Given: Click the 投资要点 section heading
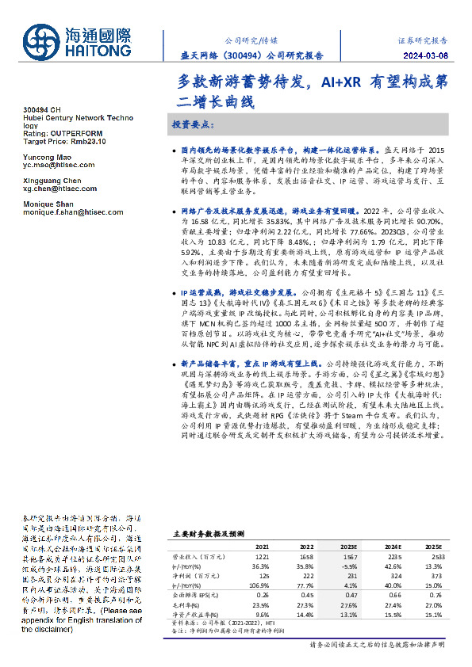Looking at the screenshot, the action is (194, 125).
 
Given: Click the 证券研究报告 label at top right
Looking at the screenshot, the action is (422, 38).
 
